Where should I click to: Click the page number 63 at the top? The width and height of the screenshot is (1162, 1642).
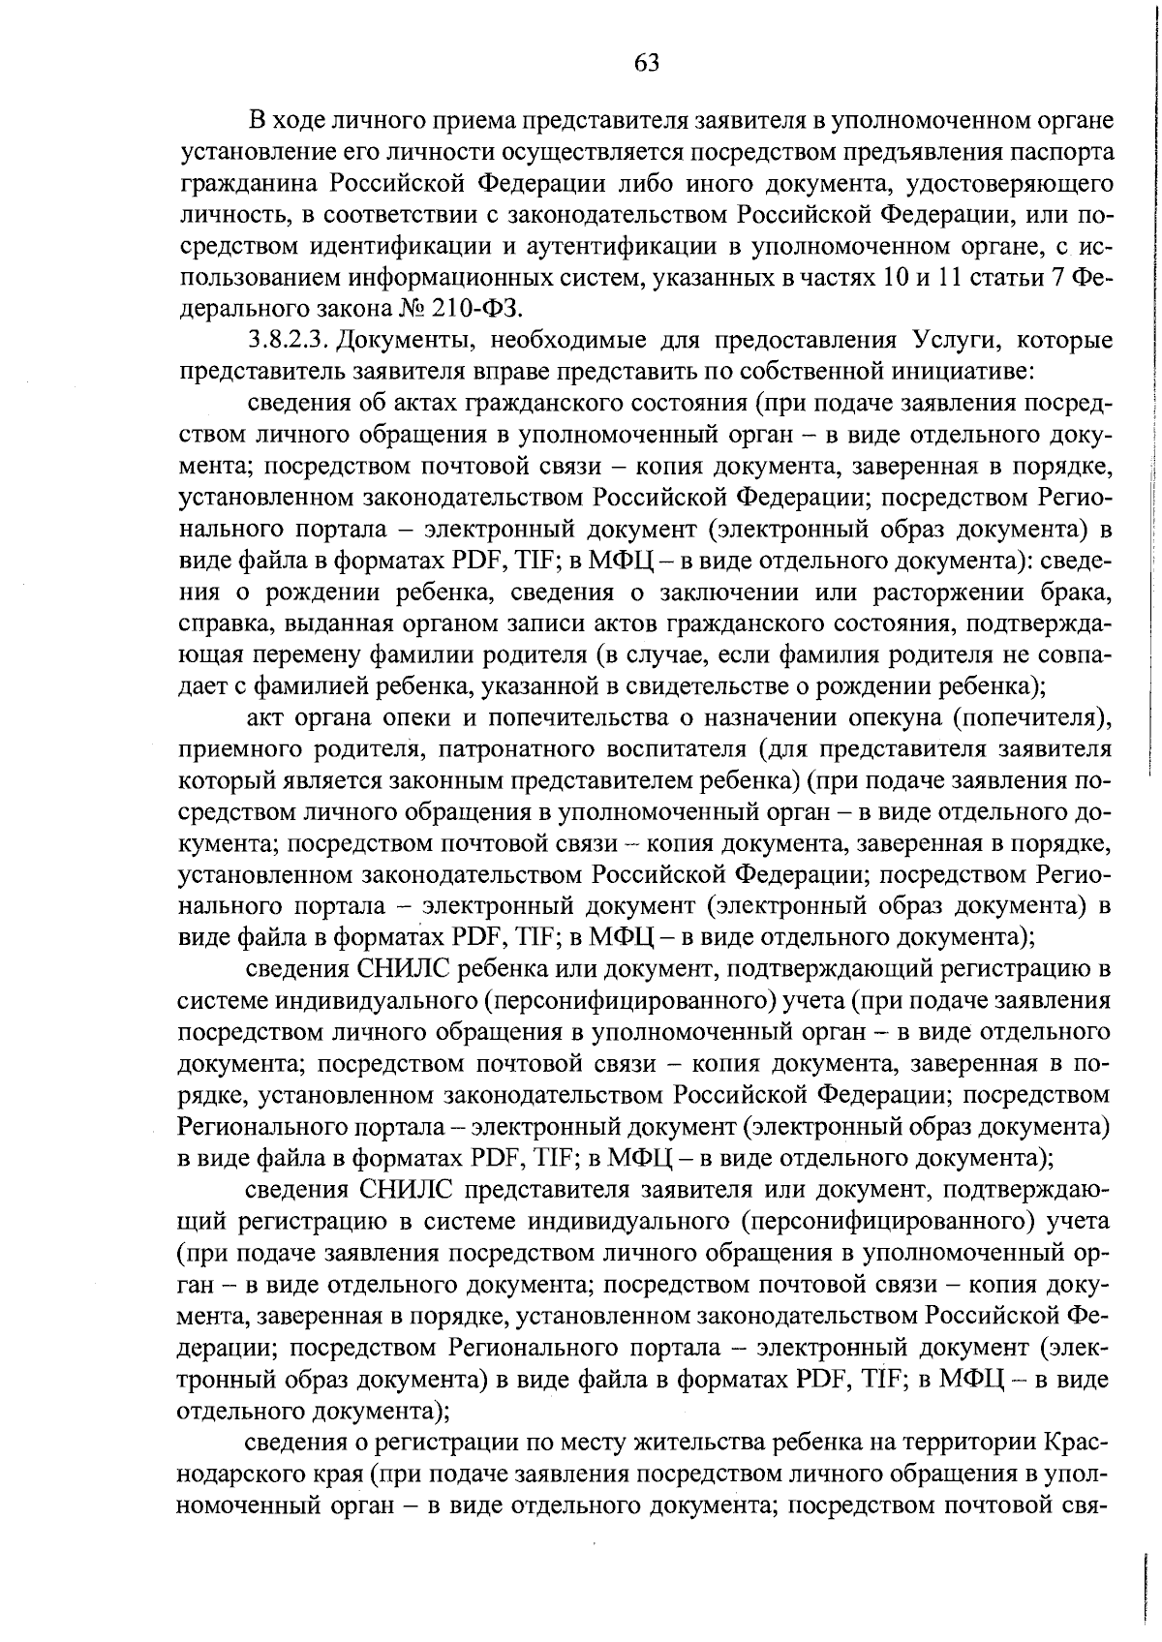(x=647, y=64)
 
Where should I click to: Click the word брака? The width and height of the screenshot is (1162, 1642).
(x=1075, y=592)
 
